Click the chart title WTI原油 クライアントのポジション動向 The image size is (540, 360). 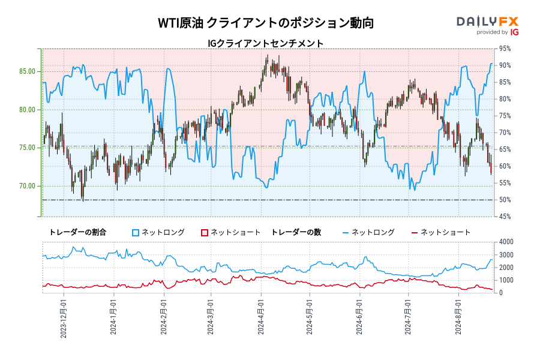[x=266, y=23]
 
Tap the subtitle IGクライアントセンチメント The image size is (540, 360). [x=266, y=43]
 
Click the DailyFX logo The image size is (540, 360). [x=487, y=22]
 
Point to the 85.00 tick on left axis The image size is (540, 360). [x=27, y=71]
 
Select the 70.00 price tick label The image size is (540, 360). [x=27, y=186]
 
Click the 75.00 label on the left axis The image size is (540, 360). [x=27, y=148]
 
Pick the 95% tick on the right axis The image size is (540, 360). [x=505, y=49]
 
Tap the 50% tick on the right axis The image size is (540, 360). [x=505, y=200]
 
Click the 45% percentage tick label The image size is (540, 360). [x=505, y=217]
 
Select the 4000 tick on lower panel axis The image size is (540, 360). [x=506, y=242]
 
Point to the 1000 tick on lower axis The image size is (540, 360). [x=506, y=280]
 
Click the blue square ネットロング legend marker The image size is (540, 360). [x=136, y=232]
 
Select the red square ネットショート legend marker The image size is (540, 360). [x=205, y=232]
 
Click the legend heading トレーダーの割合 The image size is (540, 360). [x=77, y=232]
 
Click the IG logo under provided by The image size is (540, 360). [x=514, y=32]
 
